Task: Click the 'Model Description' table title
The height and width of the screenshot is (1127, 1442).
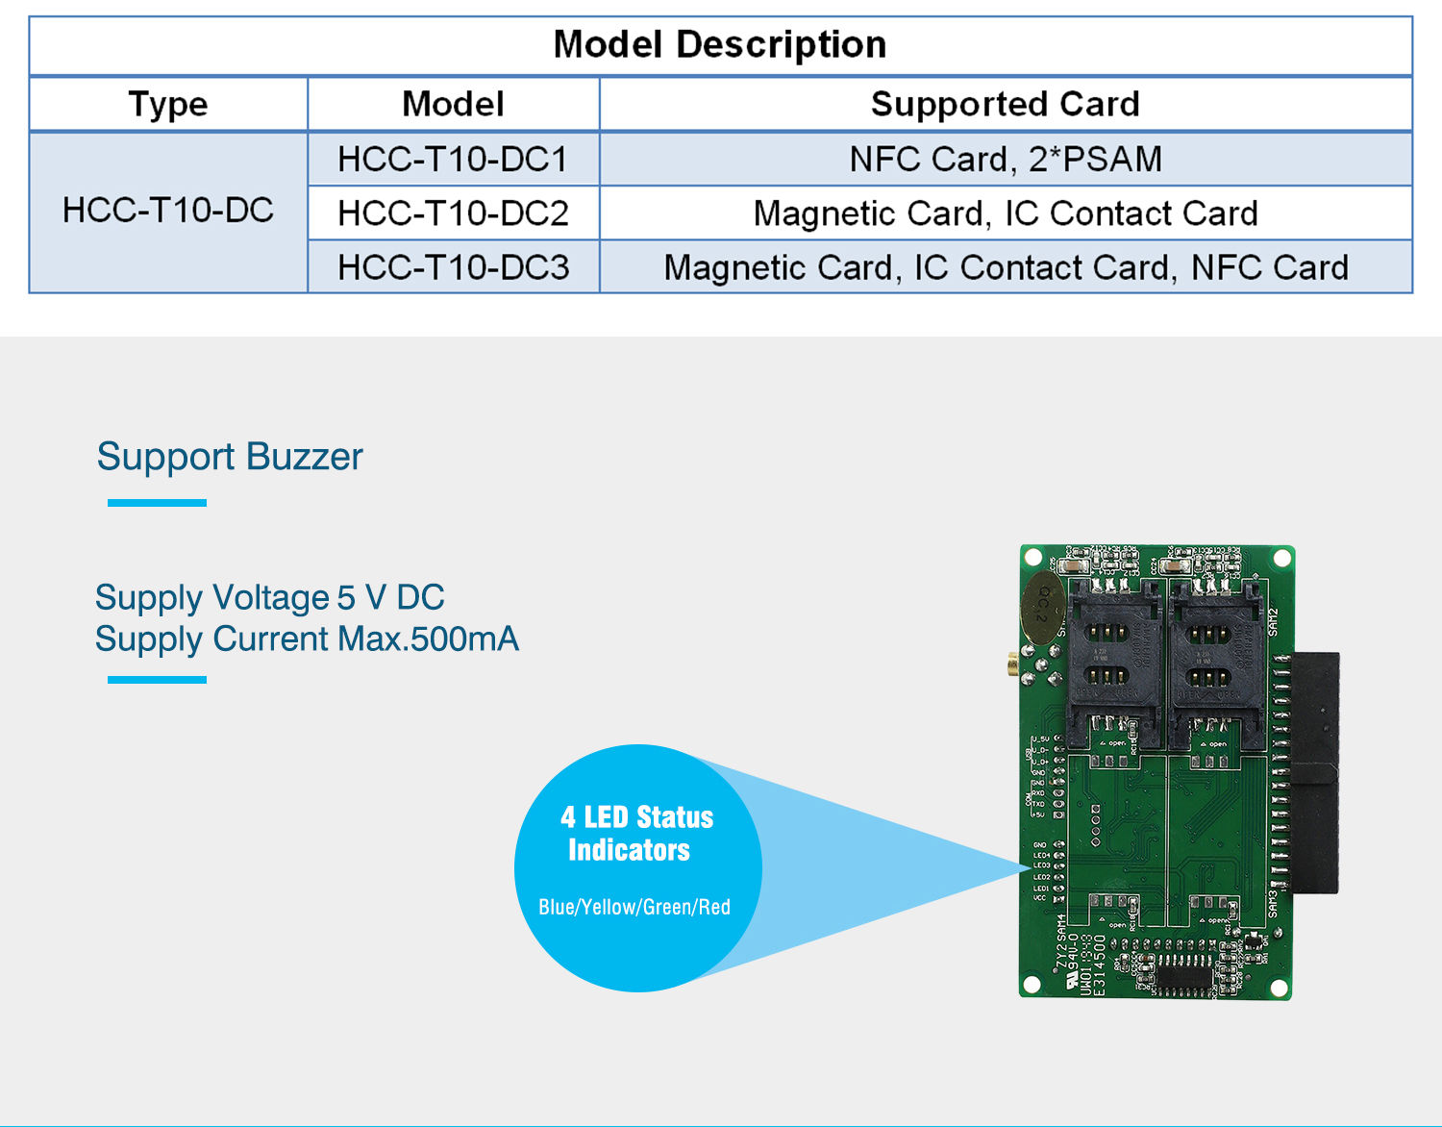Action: pos(720,45)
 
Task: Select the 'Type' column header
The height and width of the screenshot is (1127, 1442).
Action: pos(168,104)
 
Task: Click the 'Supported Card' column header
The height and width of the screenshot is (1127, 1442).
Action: pos(1005,104)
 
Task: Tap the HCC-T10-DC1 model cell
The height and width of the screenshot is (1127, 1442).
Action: pos(453,159)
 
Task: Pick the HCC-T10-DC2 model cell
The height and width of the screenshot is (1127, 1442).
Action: pos(453,213)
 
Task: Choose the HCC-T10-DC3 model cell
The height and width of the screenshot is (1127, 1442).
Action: pos(453,266)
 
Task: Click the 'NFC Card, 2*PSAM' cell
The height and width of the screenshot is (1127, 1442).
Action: pos(1005,159)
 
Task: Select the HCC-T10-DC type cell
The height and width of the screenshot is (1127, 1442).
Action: pos(168,211)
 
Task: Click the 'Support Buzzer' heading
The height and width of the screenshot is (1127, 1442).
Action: pos(230,457)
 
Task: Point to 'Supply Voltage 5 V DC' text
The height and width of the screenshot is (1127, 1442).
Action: pos(269,597)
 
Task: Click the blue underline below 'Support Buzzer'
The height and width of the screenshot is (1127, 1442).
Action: pos(157,503)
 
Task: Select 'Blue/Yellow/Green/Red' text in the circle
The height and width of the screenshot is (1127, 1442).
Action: pos(634,907)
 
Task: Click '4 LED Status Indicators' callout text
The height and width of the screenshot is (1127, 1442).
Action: pos(635,834)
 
